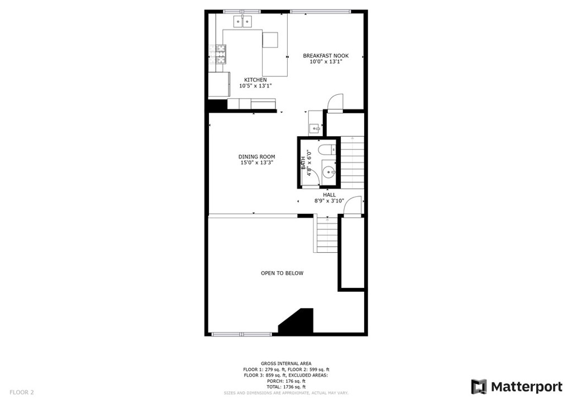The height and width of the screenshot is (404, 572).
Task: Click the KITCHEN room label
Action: [x=255, y=80]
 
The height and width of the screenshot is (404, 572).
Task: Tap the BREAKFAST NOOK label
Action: [x=326, y=56]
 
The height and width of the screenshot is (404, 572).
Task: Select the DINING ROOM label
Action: [x=257, y=157]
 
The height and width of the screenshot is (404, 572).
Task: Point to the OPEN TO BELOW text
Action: [x=282, y=273]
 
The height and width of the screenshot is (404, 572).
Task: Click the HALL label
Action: [x=329, y=195]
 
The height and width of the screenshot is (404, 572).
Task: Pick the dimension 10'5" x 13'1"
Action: [x=255, y=86]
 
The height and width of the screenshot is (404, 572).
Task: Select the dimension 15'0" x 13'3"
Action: [x=257, y=162]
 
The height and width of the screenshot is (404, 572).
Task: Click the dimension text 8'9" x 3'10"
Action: [x=329, y=201]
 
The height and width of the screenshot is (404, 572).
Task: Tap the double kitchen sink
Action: [x=243, y=22]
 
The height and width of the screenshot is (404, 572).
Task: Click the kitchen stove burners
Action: [x=221, y=54]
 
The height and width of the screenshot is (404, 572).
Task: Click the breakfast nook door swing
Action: [x=335, y=102]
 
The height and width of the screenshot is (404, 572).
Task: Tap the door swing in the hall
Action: [x=353, y=206]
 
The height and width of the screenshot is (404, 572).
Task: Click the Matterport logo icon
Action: [x=479, y=387]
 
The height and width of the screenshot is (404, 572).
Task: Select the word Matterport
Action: [x=527, y=387]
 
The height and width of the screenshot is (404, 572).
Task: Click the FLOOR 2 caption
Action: [x=22, y=392]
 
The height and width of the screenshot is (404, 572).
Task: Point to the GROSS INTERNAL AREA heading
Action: [x=286, y=364]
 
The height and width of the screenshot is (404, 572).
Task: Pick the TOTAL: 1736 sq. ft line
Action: [x=286, y=387]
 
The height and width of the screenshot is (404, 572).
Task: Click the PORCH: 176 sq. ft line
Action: [x=286, y=381]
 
